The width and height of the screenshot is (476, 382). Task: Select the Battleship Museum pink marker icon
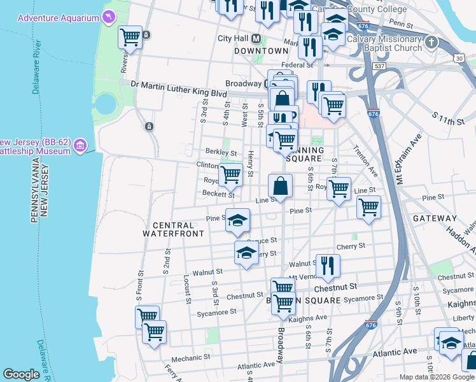click(x=80, y=146)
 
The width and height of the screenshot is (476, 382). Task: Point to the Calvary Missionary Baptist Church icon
click(x=432, y=43)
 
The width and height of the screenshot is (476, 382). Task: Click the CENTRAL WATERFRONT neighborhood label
click(x=173, y=230)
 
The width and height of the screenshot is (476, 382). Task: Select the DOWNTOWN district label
click(x=262, y=50)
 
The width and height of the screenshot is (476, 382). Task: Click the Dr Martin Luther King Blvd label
click(x=179, y=83)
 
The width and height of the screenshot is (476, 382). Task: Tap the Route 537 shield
click(x=381, y=66)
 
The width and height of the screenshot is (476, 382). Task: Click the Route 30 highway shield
click(x=459, y=58)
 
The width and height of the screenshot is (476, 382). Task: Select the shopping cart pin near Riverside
click(x=130, y=36)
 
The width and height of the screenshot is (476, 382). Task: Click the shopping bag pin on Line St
click(x=280, y=187)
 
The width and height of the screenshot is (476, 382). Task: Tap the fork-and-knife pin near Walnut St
click(x=328, y=265)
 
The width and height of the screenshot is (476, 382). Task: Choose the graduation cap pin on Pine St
click(x=237, y=220)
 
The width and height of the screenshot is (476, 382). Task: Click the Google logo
click(x=22, y=374)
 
